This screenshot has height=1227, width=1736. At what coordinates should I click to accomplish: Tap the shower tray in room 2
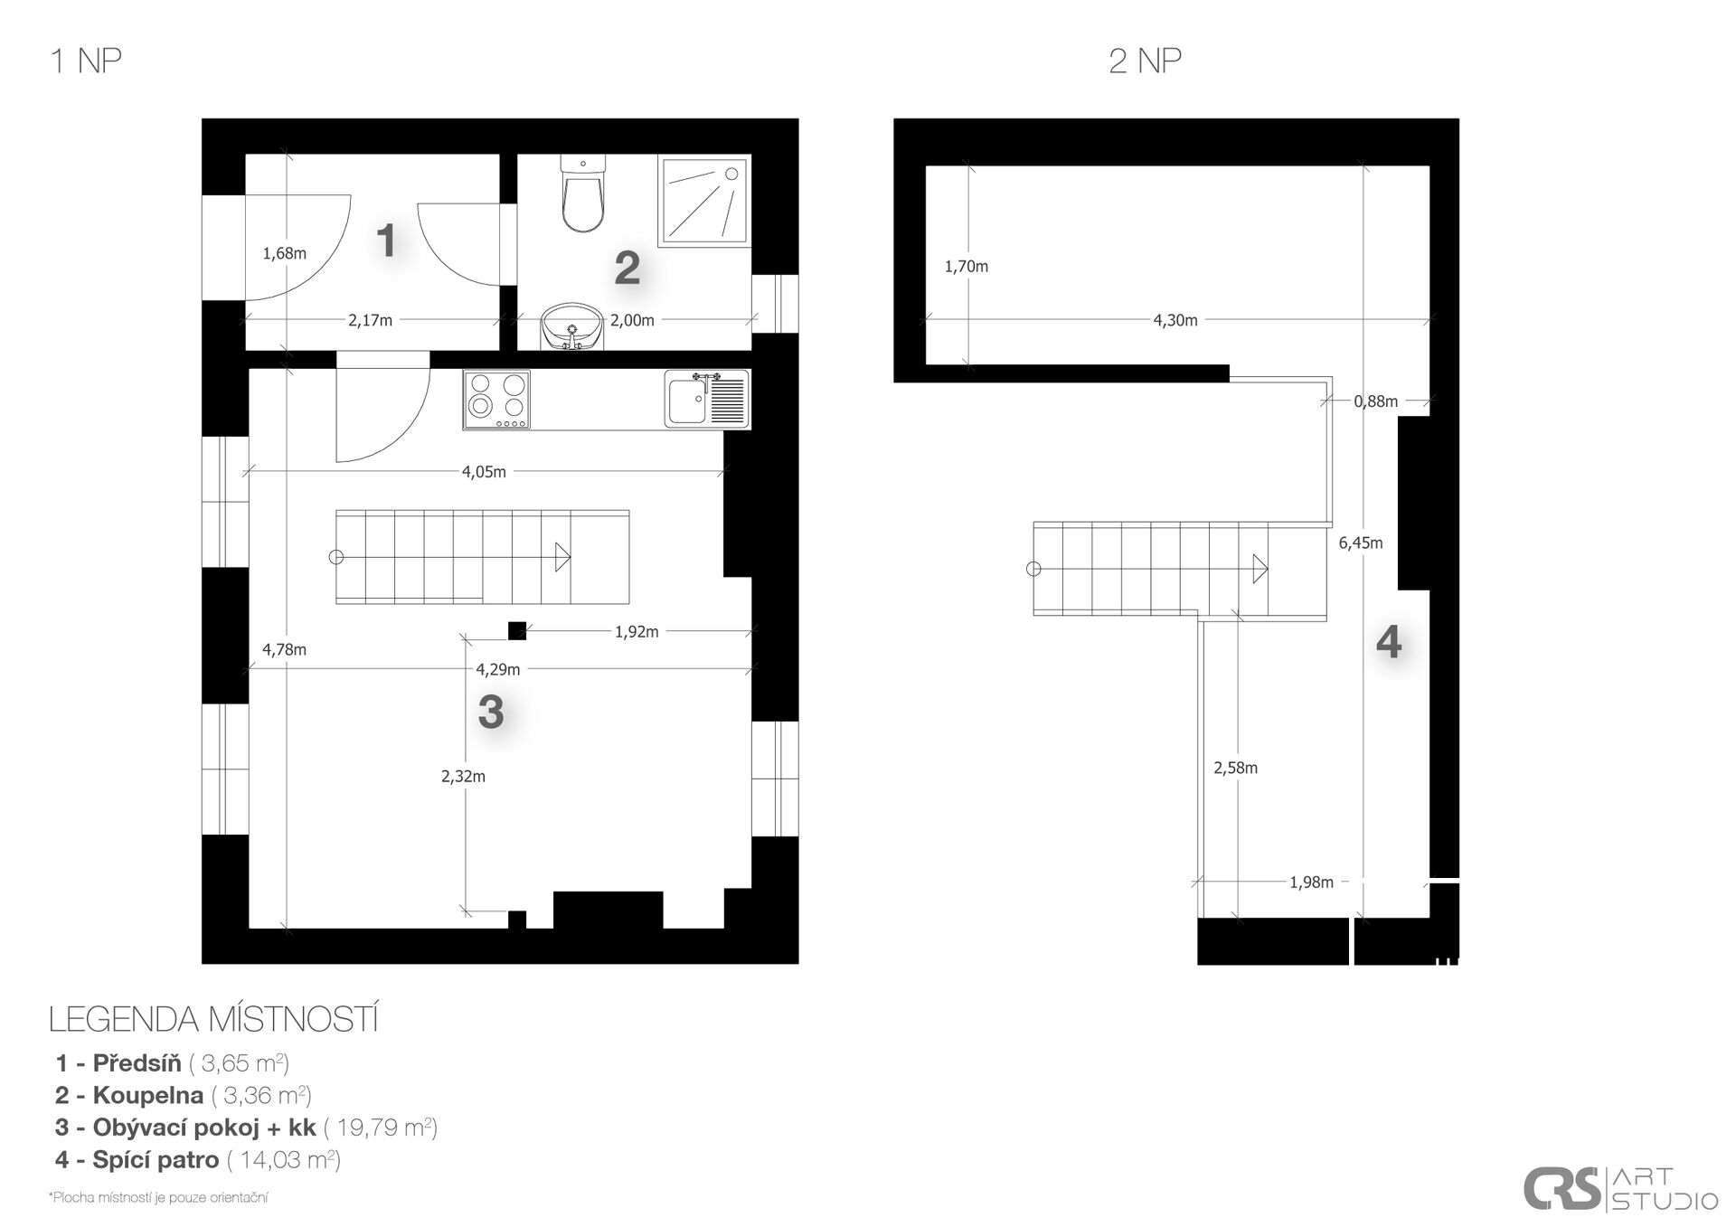click(704, 202)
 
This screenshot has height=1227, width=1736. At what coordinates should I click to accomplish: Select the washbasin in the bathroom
click(571, 326)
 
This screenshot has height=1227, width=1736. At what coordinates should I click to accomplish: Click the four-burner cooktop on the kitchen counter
click(496, 400)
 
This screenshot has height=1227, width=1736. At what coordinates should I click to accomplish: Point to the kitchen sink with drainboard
click(707, 398)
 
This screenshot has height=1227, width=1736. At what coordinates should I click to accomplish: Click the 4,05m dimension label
click(484, 471)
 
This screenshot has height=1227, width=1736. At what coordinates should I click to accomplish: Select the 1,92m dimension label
click(637, 632)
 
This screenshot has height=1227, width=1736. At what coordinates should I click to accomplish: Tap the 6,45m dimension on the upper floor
click(1361, 543)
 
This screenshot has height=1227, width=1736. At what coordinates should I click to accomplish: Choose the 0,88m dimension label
click(1375, 401)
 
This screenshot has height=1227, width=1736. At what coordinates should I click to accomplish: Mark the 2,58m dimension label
click(1235, 768)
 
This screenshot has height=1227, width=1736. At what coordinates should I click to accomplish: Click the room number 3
click(491, 712)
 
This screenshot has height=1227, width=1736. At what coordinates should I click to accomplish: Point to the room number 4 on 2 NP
click(1389, 642)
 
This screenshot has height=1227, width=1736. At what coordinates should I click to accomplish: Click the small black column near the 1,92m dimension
click(517, 630)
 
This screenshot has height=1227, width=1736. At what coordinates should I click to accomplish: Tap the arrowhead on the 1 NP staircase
click(562, 557)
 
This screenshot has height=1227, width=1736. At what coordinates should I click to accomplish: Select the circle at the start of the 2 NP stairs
click(1033, 569)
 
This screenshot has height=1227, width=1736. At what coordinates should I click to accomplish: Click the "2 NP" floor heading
click(1145, 61)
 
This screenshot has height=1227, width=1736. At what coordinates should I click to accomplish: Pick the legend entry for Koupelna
click(184, 1095)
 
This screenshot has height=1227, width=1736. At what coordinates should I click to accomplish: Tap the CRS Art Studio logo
click(1620, 1189)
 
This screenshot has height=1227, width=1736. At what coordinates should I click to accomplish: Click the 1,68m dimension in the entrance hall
click(284, 253)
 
